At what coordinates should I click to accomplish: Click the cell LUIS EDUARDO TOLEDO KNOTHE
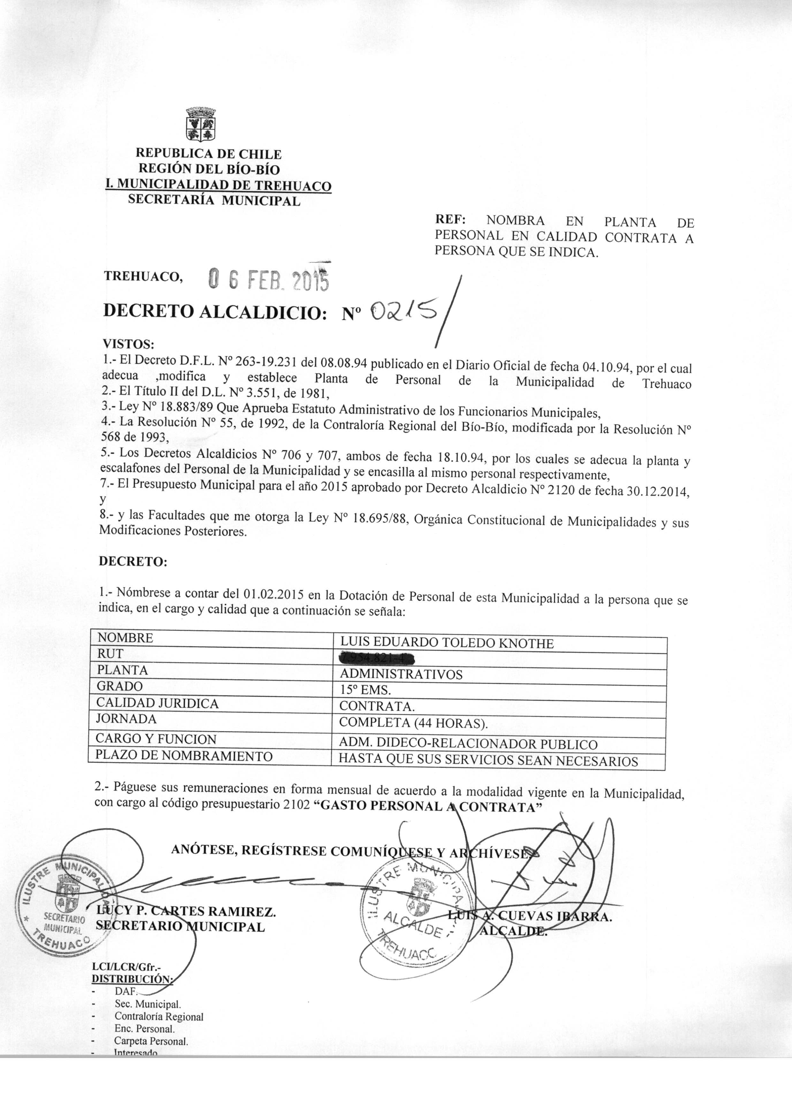pos(446,643)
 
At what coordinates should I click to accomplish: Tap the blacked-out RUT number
pos(378,659)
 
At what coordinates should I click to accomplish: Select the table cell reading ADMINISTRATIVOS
pos(401,674)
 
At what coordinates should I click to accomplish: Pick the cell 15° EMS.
pos(365,690)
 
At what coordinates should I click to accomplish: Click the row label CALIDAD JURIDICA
pos(157,703)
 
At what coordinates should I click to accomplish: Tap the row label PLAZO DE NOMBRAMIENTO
pos(184,756)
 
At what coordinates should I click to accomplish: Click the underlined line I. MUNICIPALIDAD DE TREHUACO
pos(218,186)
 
